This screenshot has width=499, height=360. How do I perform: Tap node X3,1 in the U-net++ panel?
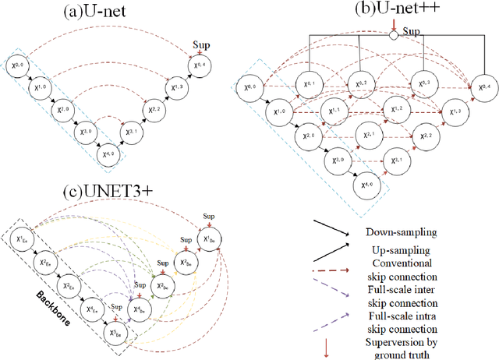tap(393, 162)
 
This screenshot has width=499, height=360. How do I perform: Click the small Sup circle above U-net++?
tap(394, 35)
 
